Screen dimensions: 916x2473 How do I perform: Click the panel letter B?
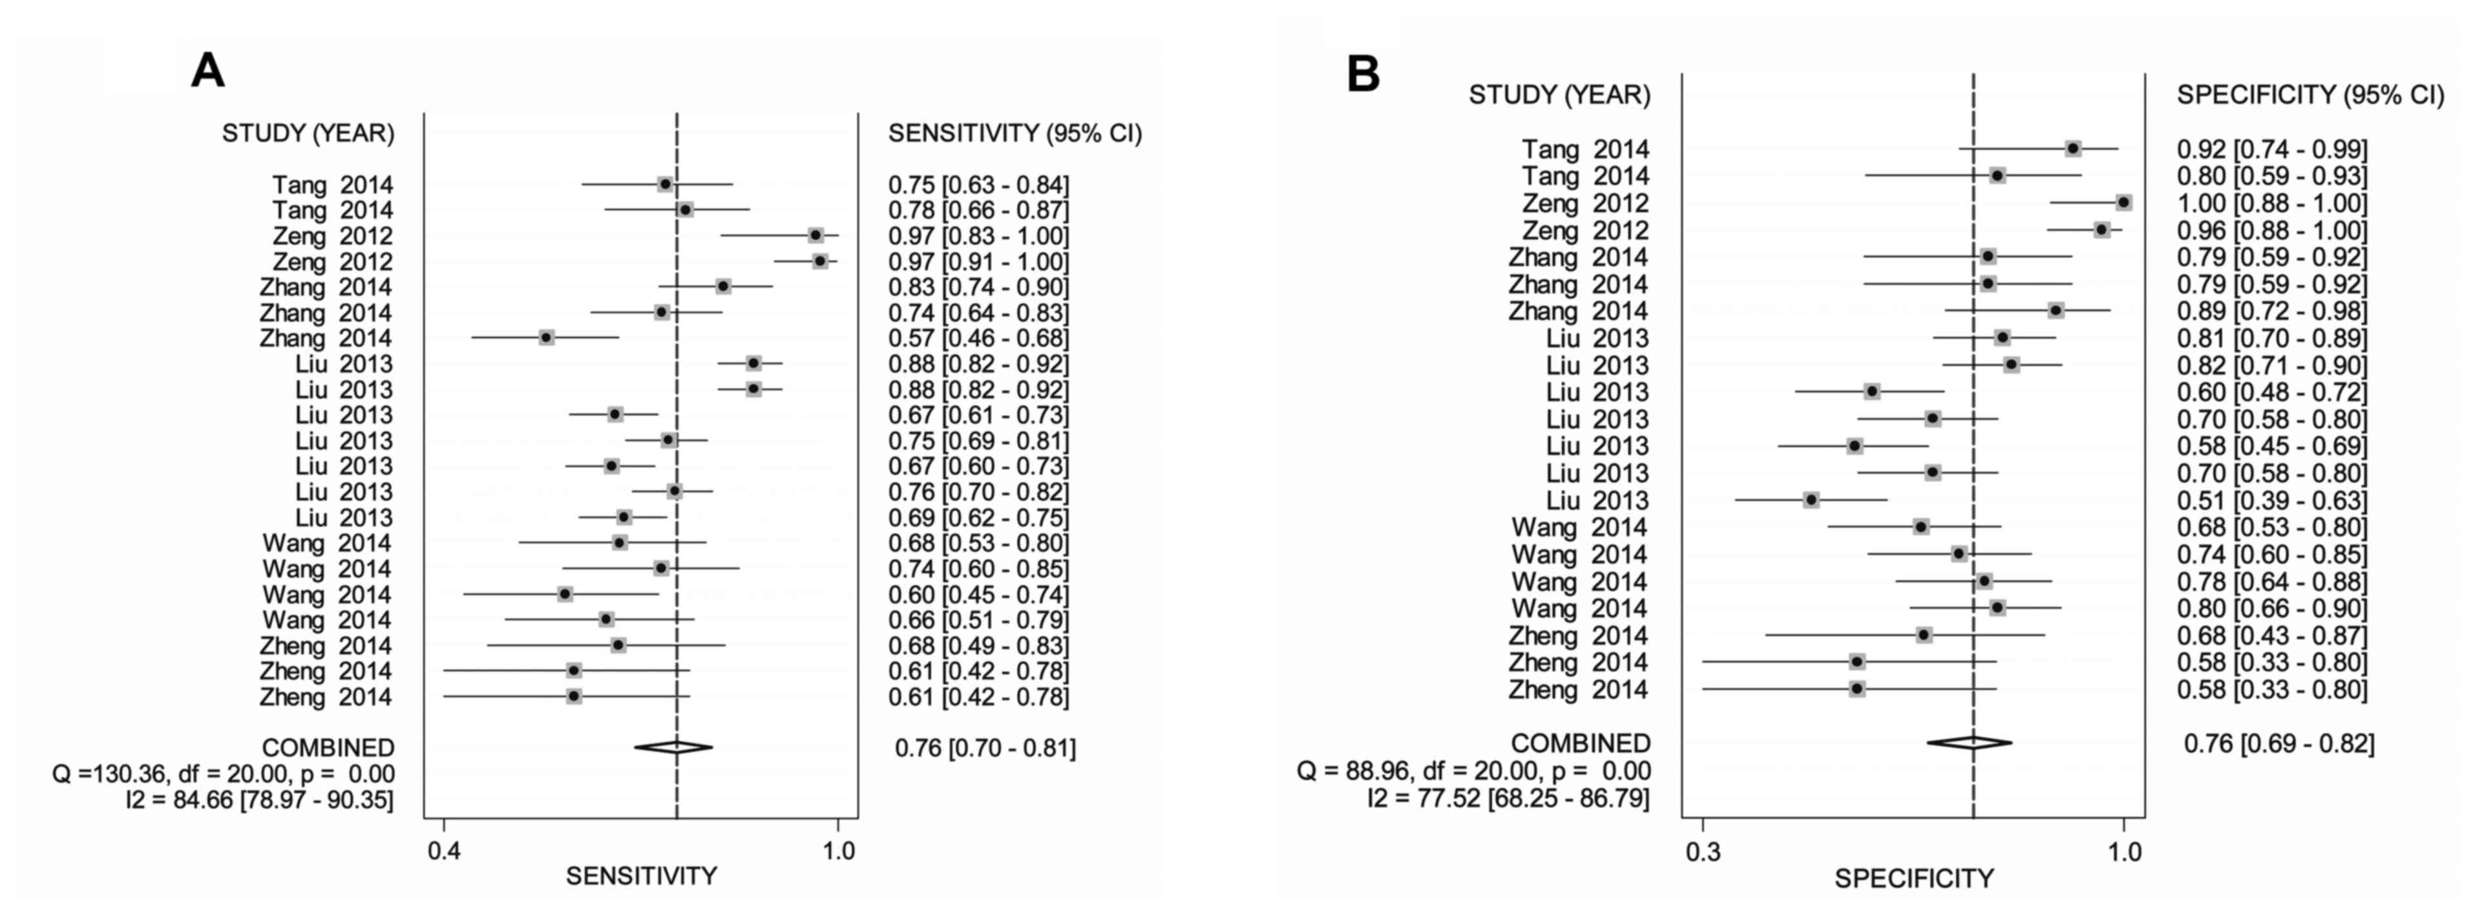1363,74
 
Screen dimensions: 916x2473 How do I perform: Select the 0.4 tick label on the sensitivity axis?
443,851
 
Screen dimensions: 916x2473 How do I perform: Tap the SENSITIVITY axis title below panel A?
641,876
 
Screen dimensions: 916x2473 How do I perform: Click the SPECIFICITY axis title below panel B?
1914,879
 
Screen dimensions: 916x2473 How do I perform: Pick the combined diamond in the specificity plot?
1970,742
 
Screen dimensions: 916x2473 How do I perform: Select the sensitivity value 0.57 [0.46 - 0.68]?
977,338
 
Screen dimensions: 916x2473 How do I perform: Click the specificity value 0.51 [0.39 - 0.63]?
2271,500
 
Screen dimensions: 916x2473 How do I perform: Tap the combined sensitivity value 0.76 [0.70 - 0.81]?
985,747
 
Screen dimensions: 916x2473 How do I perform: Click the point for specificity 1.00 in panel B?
2123,202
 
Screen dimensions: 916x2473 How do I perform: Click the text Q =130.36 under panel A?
223,774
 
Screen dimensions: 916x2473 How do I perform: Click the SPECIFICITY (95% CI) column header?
2310,94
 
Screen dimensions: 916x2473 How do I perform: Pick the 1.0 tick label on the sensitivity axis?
839,851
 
